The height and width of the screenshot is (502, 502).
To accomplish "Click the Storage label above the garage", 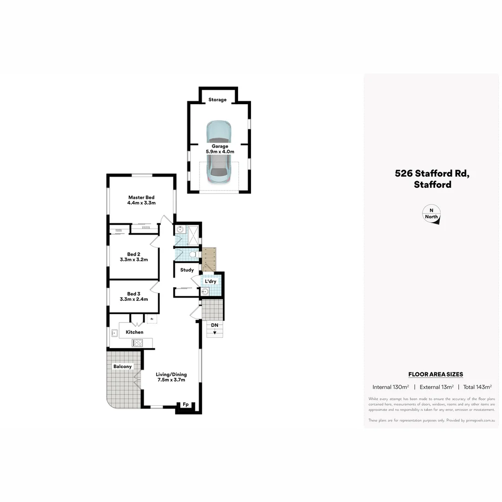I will point(218,100).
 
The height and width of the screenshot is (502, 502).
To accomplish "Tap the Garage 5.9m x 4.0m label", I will point(220,149).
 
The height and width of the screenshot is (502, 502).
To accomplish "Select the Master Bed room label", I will point(141,200).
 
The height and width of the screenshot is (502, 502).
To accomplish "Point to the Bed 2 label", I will point(134,257).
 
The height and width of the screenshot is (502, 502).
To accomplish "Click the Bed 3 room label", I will point(134,297).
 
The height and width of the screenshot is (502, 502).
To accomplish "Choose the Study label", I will point(187,270).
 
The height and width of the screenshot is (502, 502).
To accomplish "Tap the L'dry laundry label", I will point(211,282).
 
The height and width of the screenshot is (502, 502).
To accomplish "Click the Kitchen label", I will point(134,332).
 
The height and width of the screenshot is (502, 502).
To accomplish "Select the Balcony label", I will point(123,367).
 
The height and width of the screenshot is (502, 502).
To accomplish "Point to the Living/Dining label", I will point(171,377).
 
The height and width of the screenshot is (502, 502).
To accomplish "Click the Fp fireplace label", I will point(185,404).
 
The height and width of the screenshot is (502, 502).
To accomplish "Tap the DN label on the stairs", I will point(214,325).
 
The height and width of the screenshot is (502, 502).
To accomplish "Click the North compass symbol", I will point(431,215).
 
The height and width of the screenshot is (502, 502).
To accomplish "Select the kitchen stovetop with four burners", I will point(138,343).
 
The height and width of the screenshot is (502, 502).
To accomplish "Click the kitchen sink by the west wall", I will point(114,332).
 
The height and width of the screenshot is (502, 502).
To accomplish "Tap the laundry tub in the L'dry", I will point(205,292).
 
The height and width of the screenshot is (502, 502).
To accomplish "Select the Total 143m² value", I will point(477,387).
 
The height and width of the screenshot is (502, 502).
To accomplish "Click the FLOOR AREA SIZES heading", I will point(436,374).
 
